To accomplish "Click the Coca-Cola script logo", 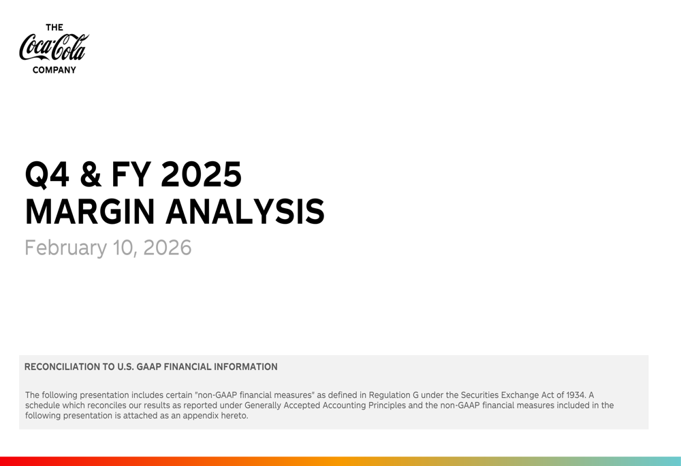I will click(54, 48).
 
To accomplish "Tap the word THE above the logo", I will click(54, 28).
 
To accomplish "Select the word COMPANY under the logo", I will click(54, 69).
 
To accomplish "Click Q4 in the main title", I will click(47, 175).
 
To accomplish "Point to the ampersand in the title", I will click(91, 175).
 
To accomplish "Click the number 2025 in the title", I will click(202, 175).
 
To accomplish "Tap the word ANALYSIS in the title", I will click(246, 212).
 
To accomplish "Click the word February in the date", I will click(65, 248).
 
